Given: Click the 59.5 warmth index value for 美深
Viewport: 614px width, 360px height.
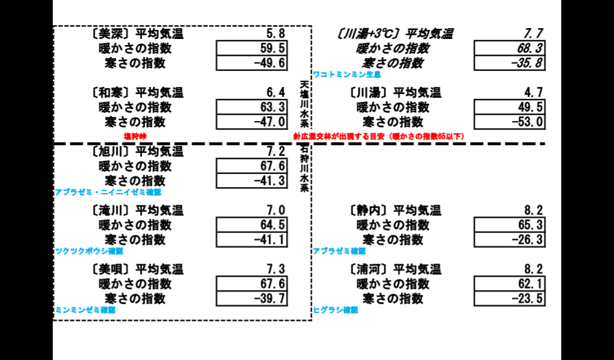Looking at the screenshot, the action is pos(252,48).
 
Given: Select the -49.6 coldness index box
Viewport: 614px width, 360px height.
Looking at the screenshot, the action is pos(252,63).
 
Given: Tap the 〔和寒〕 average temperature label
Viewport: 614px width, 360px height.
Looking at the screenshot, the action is pos(137,92).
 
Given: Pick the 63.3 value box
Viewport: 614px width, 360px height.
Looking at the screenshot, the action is pos(252,107).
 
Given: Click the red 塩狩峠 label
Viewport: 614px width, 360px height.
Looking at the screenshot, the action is pos(135,136).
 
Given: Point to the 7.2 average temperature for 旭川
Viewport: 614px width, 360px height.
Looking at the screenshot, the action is pos(276,151).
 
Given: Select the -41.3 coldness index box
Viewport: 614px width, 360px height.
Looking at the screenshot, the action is pos(252,181).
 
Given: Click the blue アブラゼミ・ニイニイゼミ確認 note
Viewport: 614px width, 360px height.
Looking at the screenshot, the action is pos(108,193).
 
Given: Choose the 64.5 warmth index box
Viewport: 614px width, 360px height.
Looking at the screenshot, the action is pos(252,225).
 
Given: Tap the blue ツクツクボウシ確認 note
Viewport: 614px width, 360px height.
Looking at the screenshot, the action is pos(89,251).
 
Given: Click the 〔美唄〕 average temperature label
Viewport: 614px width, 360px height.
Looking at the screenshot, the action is pos(137,269).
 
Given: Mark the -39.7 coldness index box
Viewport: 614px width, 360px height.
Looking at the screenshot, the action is pos(252,298).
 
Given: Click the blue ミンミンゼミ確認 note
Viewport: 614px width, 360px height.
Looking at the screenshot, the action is pos(85,310).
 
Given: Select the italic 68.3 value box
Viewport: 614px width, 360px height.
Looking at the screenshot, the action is pos(510,48).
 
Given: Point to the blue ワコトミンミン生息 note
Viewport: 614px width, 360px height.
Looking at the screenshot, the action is pos(347,74).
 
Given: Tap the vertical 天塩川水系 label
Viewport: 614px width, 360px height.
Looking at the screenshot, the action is pos(304,104).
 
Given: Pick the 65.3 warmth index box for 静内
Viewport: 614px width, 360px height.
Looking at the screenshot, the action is pos(510,225).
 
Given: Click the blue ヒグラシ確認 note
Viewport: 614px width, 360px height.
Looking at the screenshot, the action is pos(336,310).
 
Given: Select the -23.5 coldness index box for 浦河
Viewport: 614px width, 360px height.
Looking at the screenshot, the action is pos(510,298).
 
